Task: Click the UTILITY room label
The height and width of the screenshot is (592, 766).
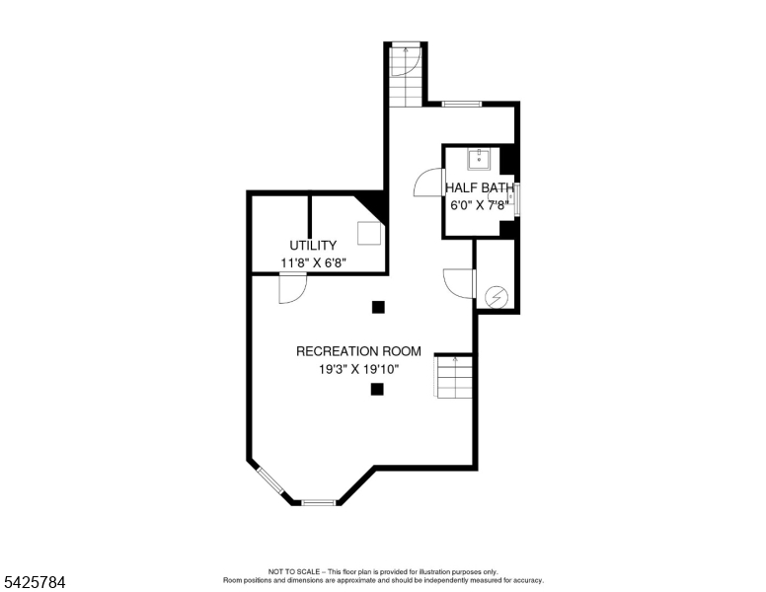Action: coord(313,245)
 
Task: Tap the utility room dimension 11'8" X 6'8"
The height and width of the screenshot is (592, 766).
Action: coord(313,262)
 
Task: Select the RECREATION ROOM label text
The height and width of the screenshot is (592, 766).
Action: coord(358,351)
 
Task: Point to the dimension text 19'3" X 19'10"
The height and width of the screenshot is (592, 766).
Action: coord(358,370)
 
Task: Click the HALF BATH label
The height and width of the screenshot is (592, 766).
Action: coord(479,187)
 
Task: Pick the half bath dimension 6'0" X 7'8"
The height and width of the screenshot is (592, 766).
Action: coord(479,205)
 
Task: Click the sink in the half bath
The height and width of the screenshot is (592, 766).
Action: coord(480,158)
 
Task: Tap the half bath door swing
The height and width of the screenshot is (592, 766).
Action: coord(428,184)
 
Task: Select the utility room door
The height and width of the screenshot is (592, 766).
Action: coord(292,288)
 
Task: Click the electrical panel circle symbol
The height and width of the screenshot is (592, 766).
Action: coord(497,296)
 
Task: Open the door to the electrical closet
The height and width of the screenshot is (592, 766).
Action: coord(459,282)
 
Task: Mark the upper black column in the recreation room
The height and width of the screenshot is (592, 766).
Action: coord(378,307)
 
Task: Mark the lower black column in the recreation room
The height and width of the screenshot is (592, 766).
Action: coord(377,390)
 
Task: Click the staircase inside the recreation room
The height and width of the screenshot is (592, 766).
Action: coord(453,376)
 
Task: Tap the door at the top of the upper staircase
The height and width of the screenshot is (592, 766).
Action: coord(406,59)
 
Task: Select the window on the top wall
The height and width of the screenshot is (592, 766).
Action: coord(461,104)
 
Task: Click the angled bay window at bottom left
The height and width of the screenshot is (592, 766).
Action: coord(269,481)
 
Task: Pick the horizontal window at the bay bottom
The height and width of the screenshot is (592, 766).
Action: coord(318,503)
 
